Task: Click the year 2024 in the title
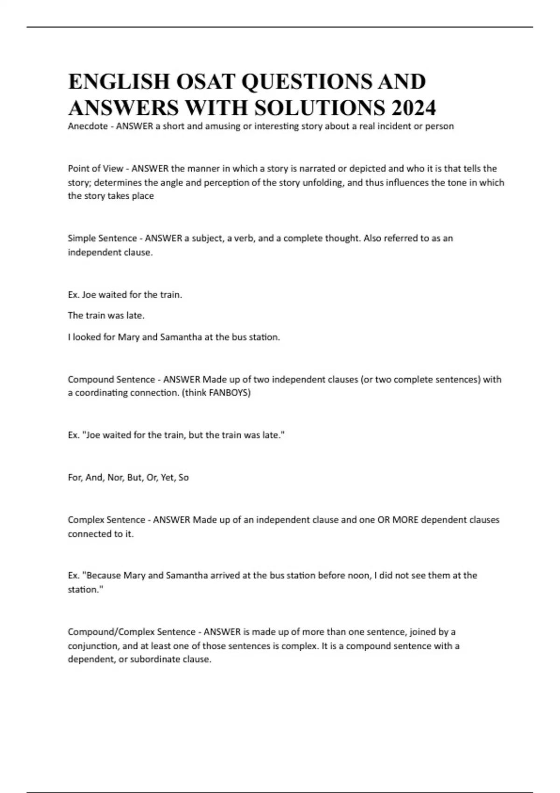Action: (414, 108)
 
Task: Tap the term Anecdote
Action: (88, 126)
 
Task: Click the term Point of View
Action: (96, 168)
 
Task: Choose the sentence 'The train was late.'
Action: (106, 315)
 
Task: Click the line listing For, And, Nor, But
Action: (128, 477)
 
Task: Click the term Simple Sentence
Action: (102, 238)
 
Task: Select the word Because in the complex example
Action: (104, 576)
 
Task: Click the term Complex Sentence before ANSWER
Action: (106, 520)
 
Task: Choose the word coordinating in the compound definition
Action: (101, 393)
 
